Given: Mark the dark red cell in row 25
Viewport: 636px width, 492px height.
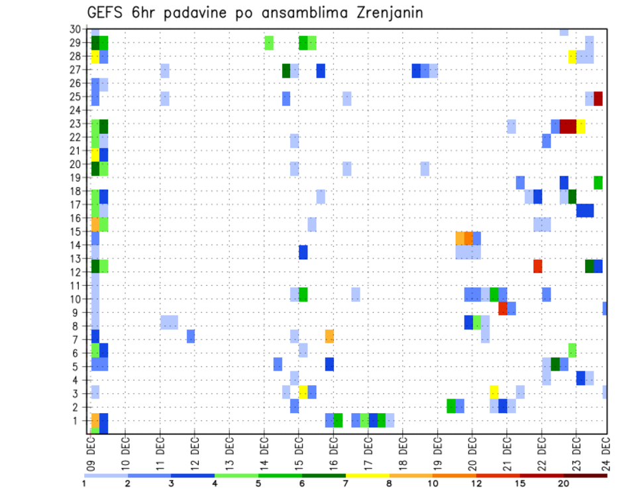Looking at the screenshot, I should (x=598, y=99).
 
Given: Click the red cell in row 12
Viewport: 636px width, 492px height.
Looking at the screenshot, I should (x=538, y=266).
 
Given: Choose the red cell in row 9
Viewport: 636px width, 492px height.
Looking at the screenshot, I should (x=503, y=308).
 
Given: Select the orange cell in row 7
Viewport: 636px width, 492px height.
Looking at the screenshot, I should (x=329, y=336).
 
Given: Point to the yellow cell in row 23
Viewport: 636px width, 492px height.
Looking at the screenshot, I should (x=581, y=126).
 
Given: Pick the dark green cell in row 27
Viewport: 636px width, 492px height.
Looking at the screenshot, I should (x=286, y=71).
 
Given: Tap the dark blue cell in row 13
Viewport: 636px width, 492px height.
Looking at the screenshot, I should (x=303, y=252).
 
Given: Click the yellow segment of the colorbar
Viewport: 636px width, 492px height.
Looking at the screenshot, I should (x=368, y=475).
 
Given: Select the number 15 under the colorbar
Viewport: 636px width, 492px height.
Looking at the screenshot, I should (x=520, y=484).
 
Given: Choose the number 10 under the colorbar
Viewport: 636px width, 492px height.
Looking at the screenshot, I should (x=433, y=484).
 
